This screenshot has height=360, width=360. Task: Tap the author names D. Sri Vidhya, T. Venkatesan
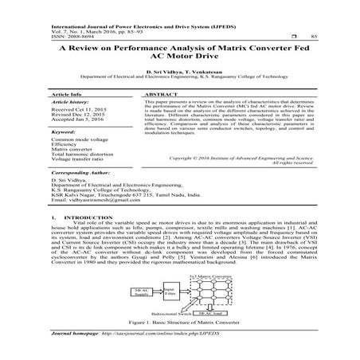coord(181,72)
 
